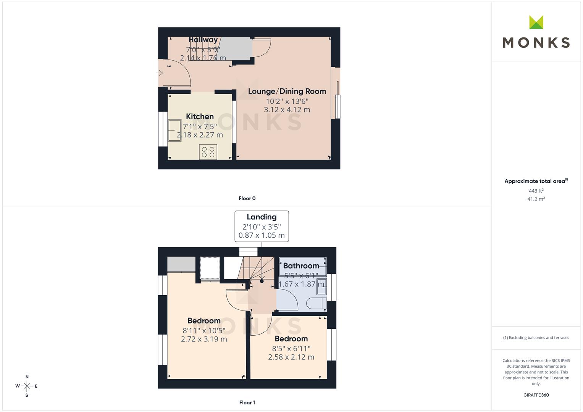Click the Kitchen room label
[200, 116]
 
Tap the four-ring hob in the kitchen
[208, 152]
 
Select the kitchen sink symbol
[174, 130]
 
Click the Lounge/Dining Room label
[287, 91]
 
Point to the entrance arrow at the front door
[159, 73]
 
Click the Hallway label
[203, 40]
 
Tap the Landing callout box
[262, 226]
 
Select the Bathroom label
[301, 266]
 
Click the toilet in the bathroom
[316, 303]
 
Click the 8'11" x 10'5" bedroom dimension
[204, 331]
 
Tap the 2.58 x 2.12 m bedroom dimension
[291, 357]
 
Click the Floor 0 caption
[247, 198]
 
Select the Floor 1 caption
[247, 402]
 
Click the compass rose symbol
[27, 386]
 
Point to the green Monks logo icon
[536, 22]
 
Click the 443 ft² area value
[536, 191]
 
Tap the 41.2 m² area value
[536, 199]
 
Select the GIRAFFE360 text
[536, 395]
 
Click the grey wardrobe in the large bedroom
[181, 264]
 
